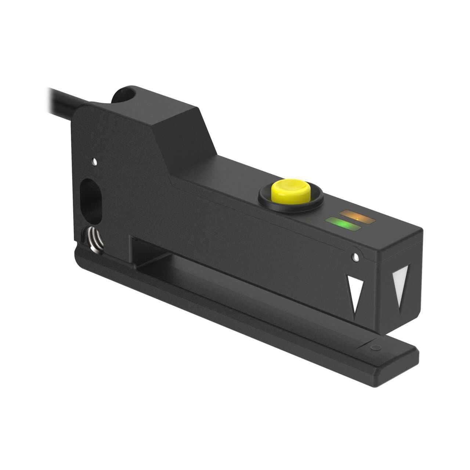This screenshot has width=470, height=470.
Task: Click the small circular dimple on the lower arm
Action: click(375, 347)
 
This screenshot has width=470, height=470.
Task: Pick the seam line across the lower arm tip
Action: click(367, 341)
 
